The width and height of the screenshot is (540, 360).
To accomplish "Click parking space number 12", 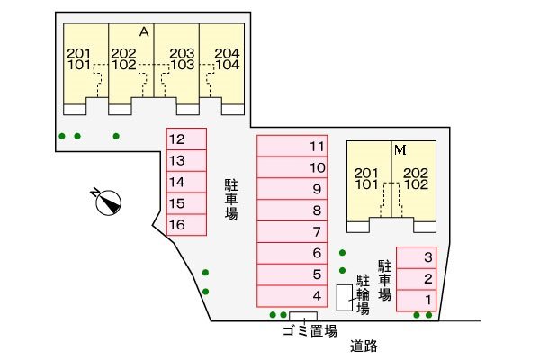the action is click(186, 139).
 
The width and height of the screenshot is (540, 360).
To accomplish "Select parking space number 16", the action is click(186, 225).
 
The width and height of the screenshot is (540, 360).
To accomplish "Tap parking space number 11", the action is click(292, 146).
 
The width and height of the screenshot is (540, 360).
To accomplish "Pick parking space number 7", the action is click(292, 232).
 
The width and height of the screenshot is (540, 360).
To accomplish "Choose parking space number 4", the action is click(292, 296).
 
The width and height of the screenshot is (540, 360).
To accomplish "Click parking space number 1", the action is click(417, 301).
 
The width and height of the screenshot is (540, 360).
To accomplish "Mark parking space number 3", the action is click(417, 257).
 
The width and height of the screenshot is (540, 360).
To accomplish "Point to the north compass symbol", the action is click(107, 202).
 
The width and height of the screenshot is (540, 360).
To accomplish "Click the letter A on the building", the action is click(144, 32).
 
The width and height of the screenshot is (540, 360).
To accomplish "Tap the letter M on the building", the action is click(400, 150).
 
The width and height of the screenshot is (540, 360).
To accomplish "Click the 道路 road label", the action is click(364, 346).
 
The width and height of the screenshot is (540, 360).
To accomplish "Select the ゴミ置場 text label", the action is click(310, 331).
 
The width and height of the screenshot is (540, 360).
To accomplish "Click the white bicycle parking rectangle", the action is click(345, 298).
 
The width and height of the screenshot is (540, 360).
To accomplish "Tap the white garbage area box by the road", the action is click(303, 316).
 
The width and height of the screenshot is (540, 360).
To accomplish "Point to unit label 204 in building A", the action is click(227, 53).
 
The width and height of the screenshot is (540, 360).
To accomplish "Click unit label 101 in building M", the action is click(367, 184).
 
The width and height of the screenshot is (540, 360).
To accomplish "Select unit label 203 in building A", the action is click(182, 53).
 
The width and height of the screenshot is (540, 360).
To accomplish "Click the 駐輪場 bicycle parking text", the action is click(363, 294).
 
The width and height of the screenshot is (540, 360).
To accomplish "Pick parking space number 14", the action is click(186, 182).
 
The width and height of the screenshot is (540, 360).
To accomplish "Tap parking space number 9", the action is click(292, 189).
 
